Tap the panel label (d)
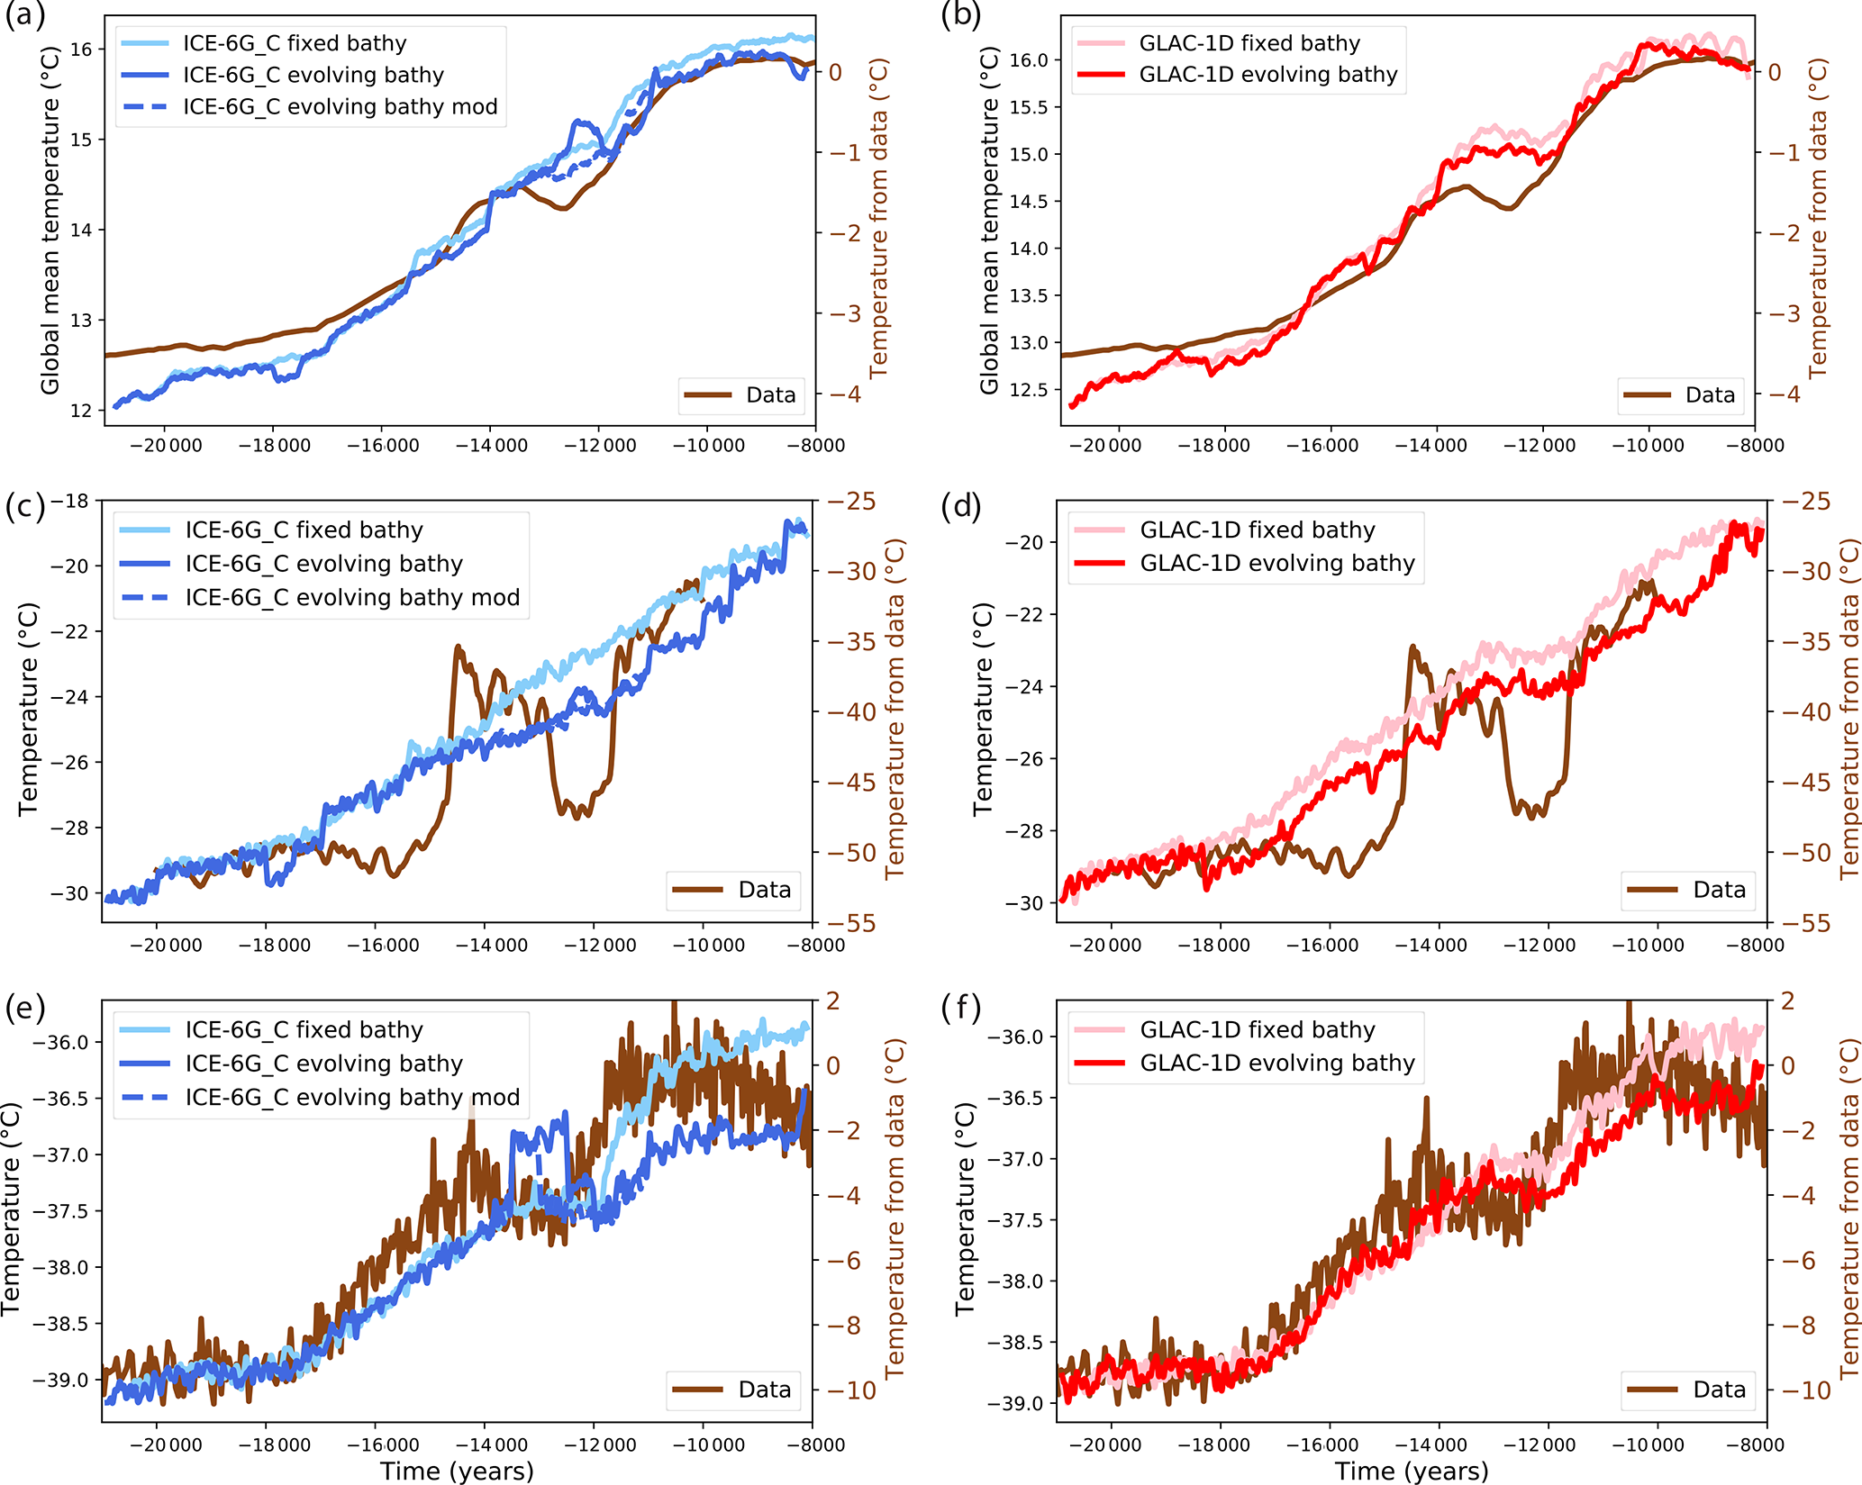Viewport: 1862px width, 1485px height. [x=960, y=507]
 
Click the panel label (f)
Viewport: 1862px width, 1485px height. [x=960, y=1007]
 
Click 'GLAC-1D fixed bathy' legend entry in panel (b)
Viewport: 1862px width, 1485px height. [x=1249, y=43]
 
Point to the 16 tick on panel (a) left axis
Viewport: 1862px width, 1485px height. [x=81, y=50]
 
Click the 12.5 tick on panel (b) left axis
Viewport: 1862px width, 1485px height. [x=1029, y=390]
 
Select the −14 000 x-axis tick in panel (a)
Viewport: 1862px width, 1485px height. [x=491, y=446]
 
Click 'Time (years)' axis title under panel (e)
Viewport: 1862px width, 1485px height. [x=457, y=1471]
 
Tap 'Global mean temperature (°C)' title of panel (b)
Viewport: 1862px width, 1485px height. [x=989, y=222]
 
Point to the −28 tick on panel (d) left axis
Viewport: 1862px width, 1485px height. [x=1024, y=831]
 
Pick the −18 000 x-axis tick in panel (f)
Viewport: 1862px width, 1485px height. [x=1213, y=1445]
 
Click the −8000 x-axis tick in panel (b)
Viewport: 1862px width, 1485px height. [x=1762, y=446]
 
